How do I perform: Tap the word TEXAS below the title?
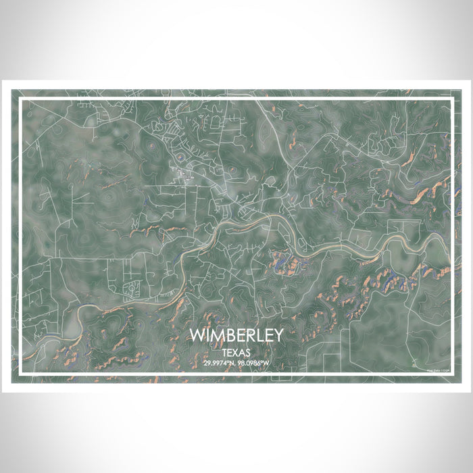point(236,352)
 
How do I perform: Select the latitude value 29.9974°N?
point(219,364)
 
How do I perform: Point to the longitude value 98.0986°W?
point(254,364)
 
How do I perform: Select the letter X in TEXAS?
point(236,352)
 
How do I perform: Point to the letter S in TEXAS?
point(248,352)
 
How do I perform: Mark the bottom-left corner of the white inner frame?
point(20,375)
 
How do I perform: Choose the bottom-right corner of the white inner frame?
point(453,375)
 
